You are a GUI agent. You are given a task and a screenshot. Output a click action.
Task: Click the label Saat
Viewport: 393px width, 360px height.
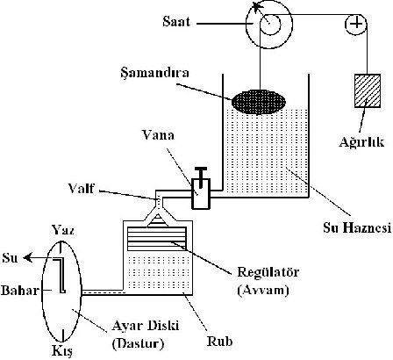pos(176,22)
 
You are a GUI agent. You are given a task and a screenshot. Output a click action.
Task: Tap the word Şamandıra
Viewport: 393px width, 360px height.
pos(154,73)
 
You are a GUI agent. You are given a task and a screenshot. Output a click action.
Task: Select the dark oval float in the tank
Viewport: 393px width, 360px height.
pos(259,102)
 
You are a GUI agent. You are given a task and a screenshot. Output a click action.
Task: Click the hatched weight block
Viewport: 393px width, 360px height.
pos(368,90)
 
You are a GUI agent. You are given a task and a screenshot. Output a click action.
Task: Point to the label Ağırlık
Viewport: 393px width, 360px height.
pos(361,141)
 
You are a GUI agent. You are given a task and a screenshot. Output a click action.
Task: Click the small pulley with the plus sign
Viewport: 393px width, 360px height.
pos(356,24)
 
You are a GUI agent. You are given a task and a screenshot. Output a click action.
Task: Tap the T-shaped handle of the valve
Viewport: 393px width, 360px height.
pos(201,176)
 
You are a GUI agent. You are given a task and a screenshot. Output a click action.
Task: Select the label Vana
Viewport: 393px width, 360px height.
pos(158,135)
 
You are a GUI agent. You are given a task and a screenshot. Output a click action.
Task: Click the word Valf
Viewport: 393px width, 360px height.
pos(81,188)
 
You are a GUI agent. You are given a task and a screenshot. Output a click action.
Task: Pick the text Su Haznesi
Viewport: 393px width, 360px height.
pos(357,227)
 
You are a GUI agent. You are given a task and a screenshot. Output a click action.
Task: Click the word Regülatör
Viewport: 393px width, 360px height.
pos(268,272)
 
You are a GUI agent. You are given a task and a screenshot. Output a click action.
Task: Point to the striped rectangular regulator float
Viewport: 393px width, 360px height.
pos(157,239)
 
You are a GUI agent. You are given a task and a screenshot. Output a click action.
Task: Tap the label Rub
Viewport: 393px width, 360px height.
pos(219,342)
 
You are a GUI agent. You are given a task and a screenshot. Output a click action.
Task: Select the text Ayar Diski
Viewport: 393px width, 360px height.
pos(146,326)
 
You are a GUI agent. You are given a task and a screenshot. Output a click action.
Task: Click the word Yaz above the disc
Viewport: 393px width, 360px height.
pos(63,230)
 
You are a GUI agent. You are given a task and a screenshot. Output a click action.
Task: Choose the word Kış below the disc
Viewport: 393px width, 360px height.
pos(62,351)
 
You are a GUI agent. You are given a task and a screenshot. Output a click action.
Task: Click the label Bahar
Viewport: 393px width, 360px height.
pos(20,291)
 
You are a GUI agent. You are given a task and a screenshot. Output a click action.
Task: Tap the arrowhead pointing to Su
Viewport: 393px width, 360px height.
pos(27,258)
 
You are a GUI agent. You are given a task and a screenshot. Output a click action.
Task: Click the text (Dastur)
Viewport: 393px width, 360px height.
pos(138,343)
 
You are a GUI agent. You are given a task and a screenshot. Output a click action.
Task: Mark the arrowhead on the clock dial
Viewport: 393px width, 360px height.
pos(257,6)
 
